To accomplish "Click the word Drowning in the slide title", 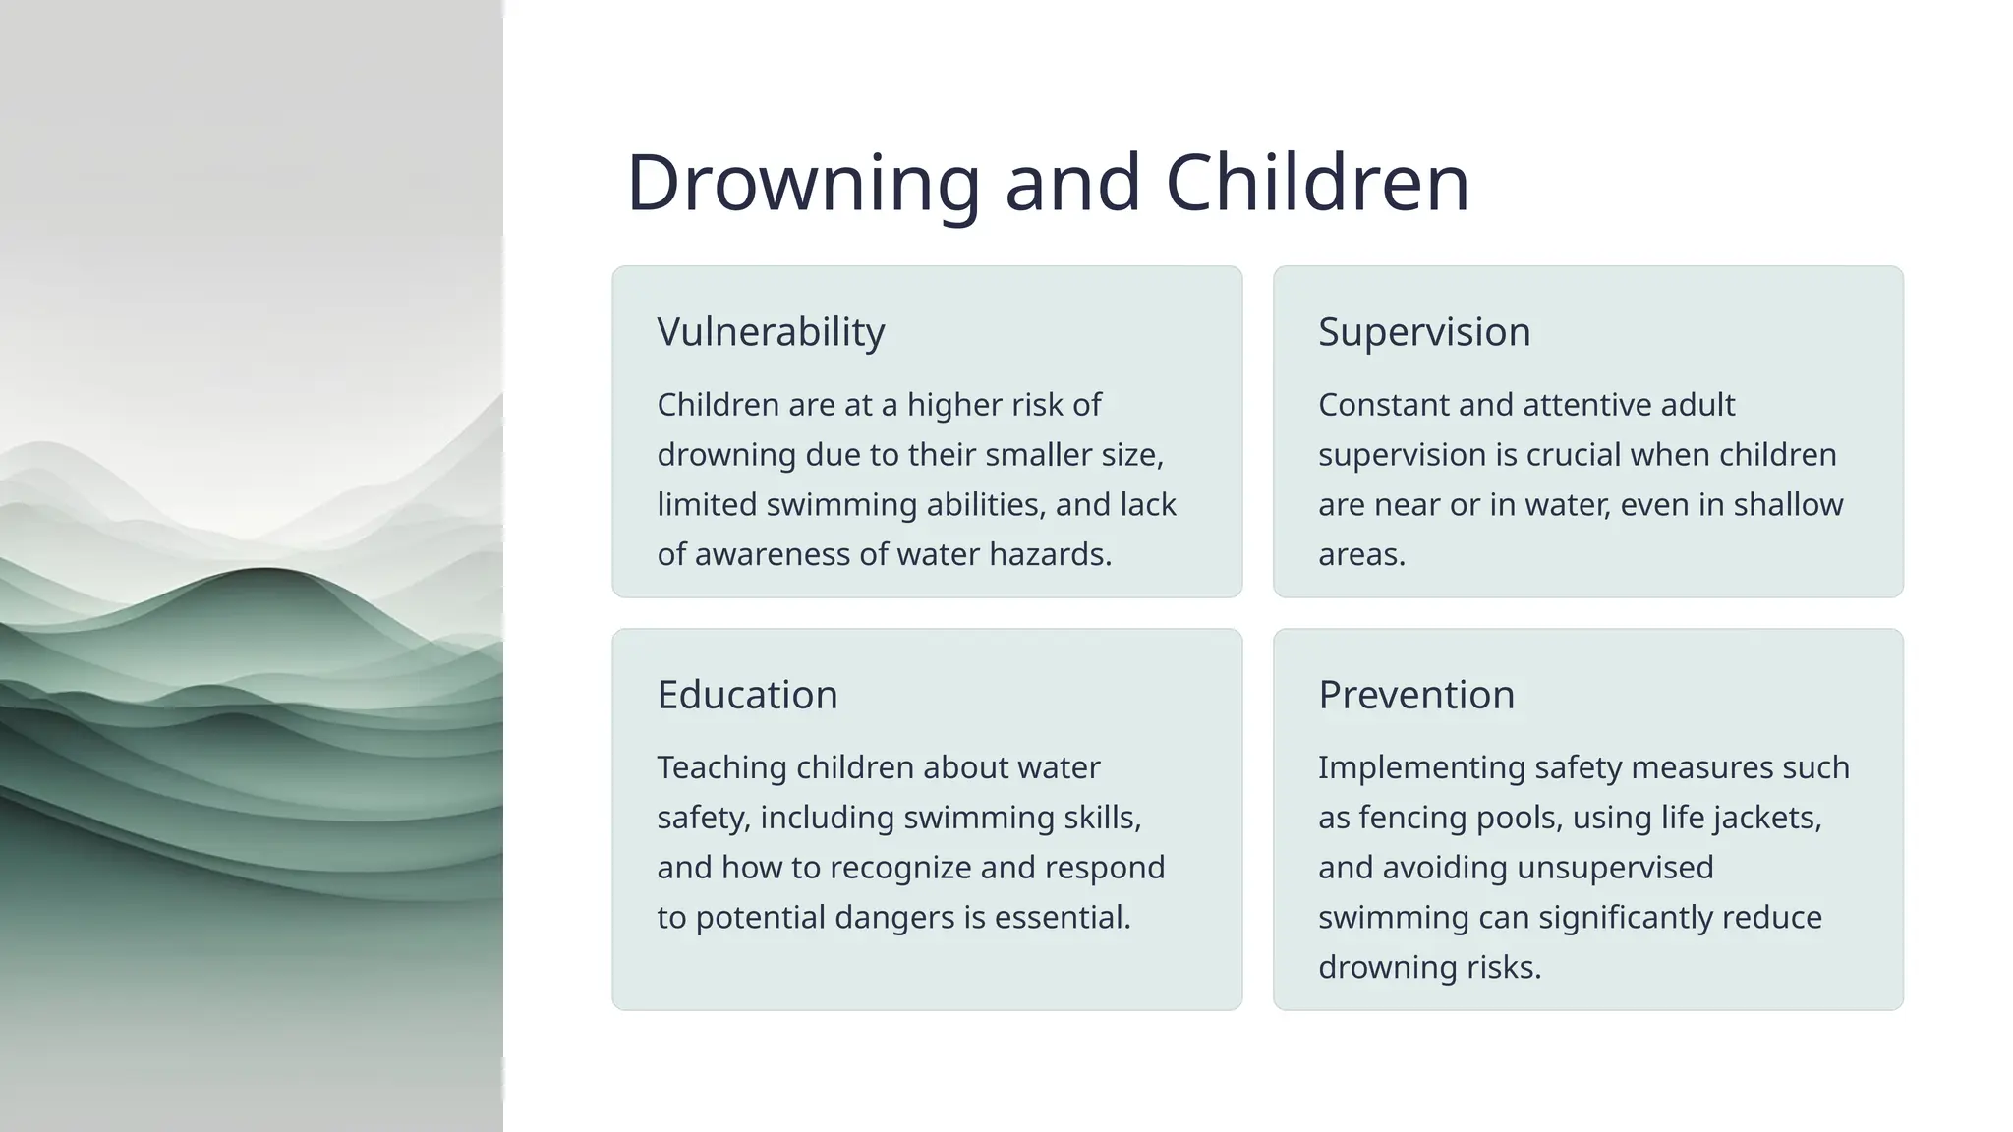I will tap(803, 184).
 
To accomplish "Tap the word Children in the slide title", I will tap(1317, 184).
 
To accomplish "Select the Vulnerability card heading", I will tap(771, 332).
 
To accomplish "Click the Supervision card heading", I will tap(1424, 332).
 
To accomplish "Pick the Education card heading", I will tap(747, 695).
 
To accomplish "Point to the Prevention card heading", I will tap(1416, 695).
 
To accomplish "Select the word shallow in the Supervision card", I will tap(1788, 504).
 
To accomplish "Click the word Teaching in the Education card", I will tap(721, 767).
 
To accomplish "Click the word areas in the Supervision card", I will tap(1361, 554).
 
